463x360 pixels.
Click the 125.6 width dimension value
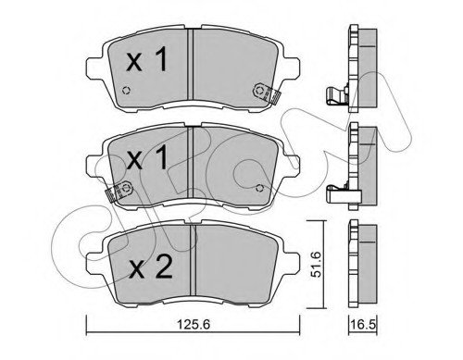[x=194, y=324]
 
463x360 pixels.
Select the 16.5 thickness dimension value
[x=363, y=324]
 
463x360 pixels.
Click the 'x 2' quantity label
[x=150, y=267]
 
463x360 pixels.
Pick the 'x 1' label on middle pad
[x=147, y=157]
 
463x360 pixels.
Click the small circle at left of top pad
[x=126, y=91]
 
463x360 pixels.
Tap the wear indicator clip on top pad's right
[x=266, y=93]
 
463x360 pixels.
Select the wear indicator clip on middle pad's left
[x=119, y=192]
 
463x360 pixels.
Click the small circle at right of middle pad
[x=260, y=188]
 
